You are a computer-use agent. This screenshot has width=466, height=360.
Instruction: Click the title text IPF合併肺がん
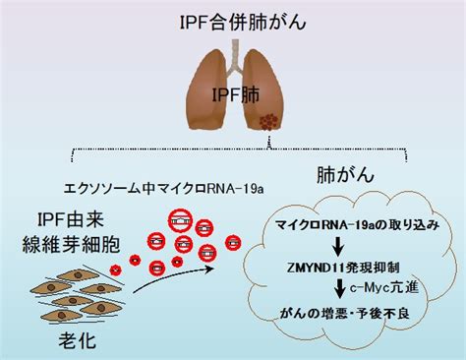[x=243, y=23]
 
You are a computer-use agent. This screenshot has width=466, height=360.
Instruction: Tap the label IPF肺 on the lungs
[x=236, y=94]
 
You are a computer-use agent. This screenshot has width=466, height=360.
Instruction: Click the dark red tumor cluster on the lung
[x=268, y=122]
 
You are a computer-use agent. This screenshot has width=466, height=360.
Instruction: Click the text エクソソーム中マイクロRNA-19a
[x=164, y=189]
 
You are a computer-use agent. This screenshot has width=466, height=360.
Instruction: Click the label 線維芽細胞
[x=71, y=244]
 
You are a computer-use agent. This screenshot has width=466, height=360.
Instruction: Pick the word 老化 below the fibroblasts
[x=78, y=340]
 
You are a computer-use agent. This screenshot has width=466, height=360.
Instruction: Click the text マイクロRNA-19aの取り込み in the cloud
[x=357, y=225]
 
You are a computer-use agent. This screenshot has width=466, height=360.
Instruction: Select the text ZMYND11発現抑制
[x=343, y=268]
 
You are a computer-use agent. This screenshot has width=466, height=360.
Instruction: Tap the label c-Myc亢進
[x=384, y=287]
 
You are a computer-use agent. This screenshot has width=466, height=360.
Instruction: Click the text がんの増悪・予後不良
[x=345, y=314]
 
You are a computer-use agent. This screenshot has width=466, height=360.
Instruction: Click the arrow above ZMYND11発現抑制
[x=338, y=247]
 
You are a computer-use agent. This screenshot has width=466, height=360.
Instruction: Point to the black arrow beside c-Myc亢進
[x=340, y=288]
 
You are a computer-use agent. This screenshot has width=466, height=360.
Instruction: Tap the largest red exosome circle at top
[x=180, y=221]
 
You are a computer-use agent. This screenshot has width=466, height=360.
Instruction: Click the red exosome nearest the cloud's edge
[x=233, y=243]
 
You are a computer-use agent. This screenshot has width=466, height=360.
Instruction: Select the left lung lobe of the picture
[x=207, y=90]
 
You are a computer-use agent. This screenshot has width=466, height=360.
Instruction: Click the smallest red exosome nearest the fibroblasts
[x=115, y=270]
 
